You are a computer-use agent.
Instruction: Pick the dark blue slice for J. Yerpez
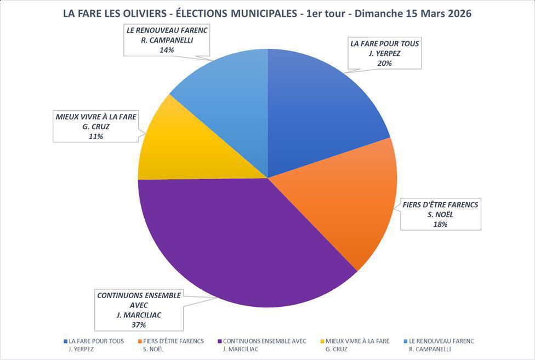tap(318, 110)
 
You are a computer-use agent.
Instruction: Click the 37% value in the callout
tap(138, 324)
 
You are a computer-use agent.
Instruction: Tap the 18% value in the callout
tap(441, 224)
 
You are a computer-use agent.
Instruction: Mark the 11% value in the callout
tap(96, 136)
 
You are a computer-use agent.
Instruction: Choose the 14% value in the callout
tap(167, 50)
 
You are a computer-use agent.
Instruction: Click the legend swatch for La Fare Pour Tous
tap(65, 341)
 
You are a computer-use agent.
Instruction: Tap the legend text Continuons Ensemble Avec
tap(264, 341)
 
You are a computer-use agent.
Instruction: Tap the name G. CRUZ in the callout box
tap(96, 127)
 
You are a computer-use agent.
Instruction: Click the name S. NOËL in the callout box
tap(441, 214)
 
